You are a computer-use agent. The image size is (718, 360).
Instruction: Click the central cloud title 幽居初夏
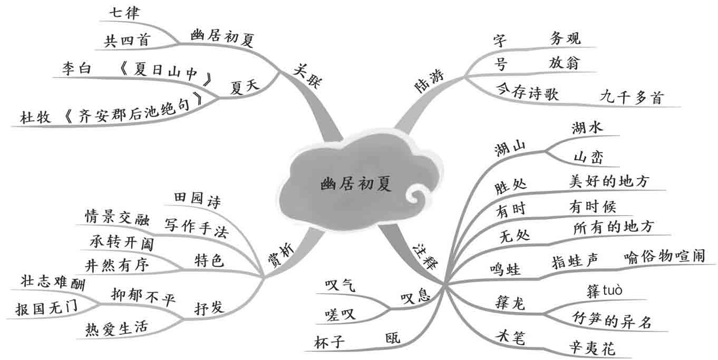(x=356, y=184)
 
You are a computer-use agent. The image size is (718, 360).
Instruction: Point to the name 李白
(x=77, y=69)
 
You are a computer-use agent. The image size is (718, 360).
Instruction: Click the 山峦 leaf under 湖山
(x=588, y=157)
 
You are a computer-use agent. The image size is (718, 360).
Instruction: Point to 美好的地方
(x=609, y=181)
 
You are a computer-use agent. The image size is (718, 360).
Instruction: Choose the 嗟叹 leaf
(x=339, y=315)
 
